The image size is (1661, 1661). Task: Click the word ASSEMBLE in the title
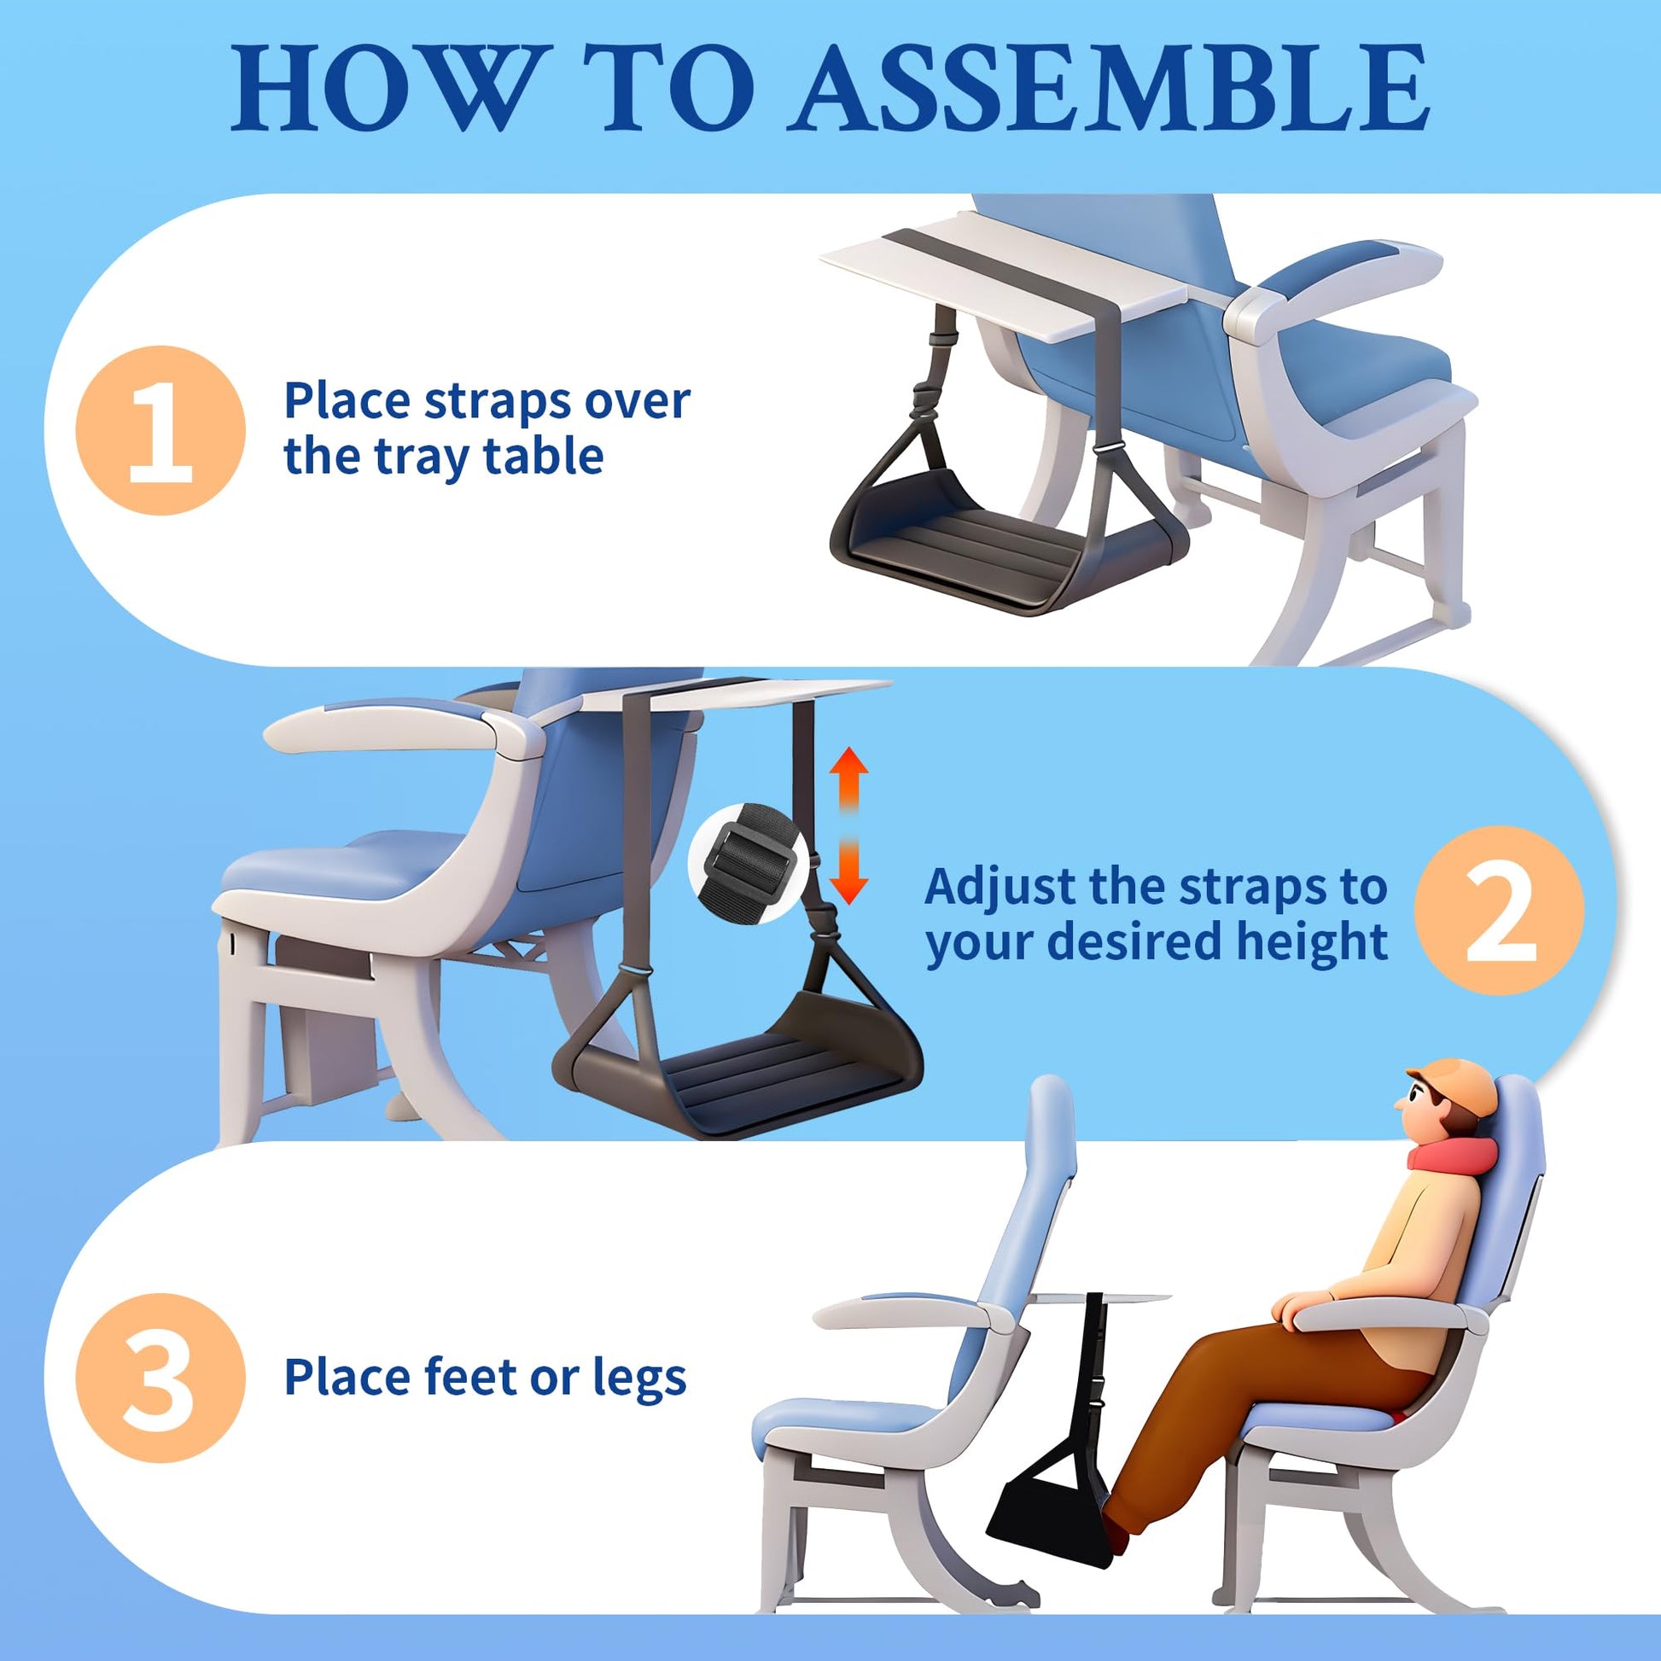pyautogui.click(x=1110, y=88)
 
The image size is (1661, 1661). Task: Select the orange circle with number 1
pyautogui.click(x=160, y=431)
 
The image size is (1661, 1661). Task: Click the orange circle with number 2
pyautogui.click(x=1501, y=912)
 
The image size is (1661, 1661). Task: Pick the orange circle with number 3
pyautogui.click(x=160, y=1379)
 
